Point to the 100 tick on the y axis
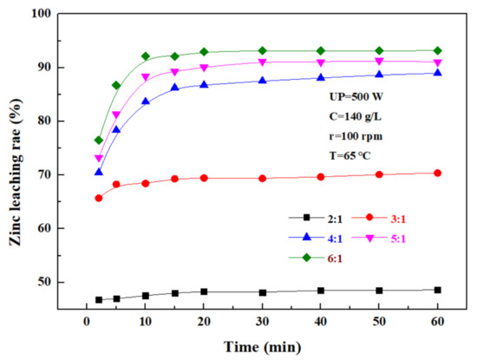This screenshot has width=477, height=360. click(39, 14)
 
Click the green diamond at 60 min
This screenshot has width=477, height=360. click(437, 50)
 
